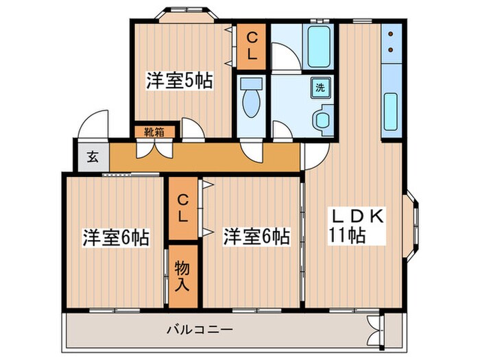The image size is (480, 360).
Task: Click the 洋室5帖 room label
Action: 178,81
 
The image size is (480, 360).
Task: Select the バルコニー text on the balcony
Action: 200,330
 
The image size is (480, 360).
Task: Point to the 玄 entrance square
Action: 91,156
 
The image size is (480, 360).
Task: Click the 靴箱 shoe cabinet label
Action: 154,132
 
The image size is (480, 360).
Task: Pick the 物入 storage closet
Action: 182,275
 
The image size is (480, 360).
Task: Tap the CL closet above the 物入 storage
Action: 182,208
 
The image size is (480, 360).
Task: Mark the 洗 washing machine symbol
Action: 320,88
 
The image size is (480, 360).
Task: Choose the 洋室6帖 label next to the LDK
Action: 255,237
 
